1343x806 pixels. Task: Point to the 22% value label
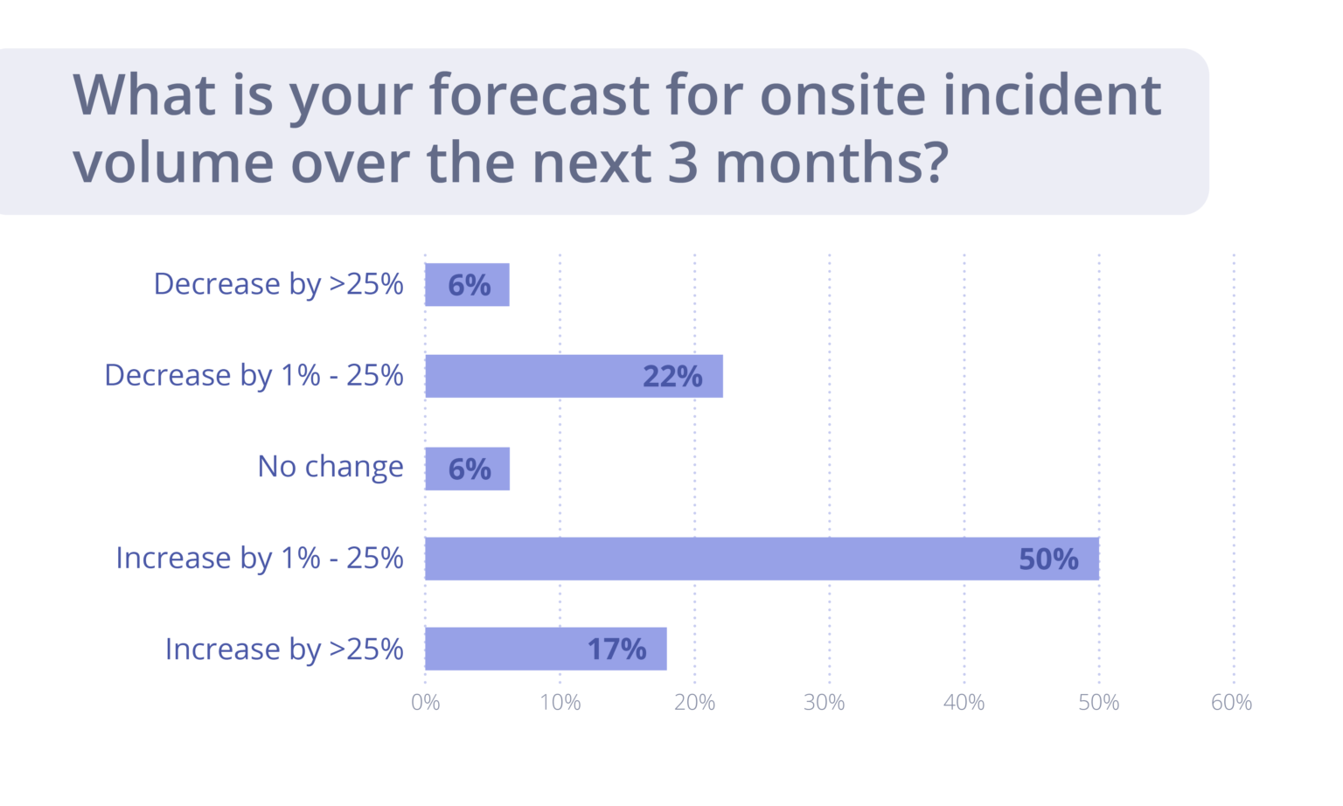(x=672, y=377)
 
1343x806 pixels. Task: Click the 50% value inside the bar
(x=1048, y=559)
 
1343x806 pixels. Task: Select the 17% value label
(x=616, y=650)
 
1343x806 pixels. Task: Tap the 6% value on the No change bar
(x=470, y=469)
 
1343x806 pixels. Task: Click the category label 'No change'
(x=331, y=467)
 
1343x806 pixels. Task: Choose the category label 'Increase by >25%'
(x=284, y=650)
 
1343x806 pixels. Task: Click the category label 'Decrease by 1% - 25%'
(x=254, y=376)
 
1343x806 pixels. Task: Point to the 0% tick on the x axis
(x=426, y=703)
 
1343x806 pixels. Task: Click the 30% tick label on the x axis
(x=825, y=703)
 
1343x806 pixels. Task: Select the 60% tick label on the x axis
(x=1231, y=703)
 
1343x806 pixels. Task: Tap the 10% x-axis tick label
(x=560, y=703)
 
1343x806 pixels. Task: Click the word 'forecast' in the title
(x=539, y=94)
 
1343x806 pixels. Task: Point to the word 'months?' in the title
(x=832, y=163)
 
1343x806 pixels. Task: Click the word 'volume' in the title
(x=173, y=163)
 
